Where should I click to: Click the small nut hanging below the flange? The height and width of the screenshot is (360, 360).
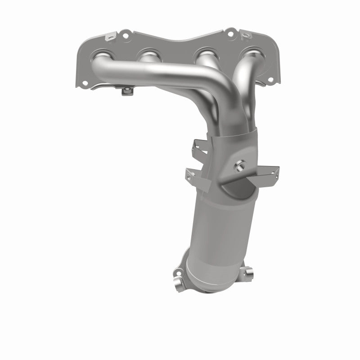point(128,92)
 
